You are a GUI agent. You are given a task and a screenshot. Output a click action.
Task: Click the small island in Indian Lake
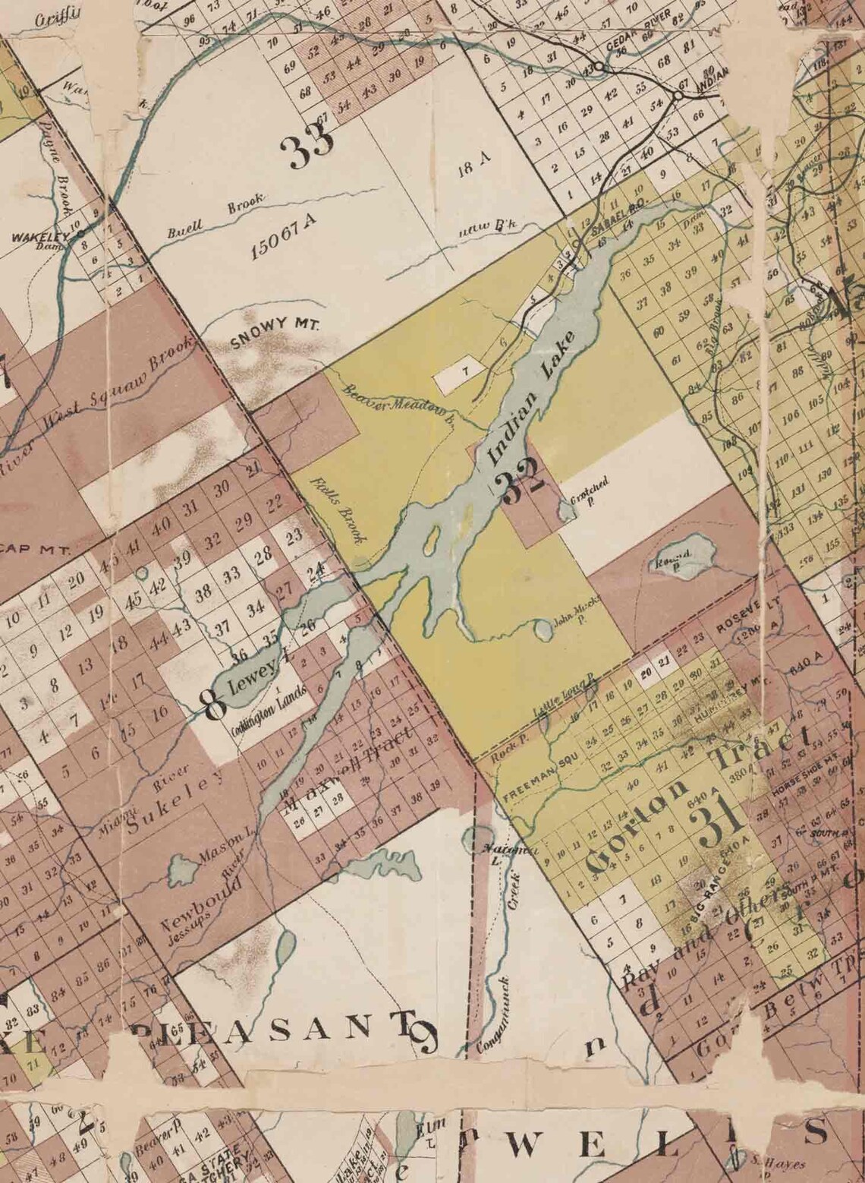coord(429,540)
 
